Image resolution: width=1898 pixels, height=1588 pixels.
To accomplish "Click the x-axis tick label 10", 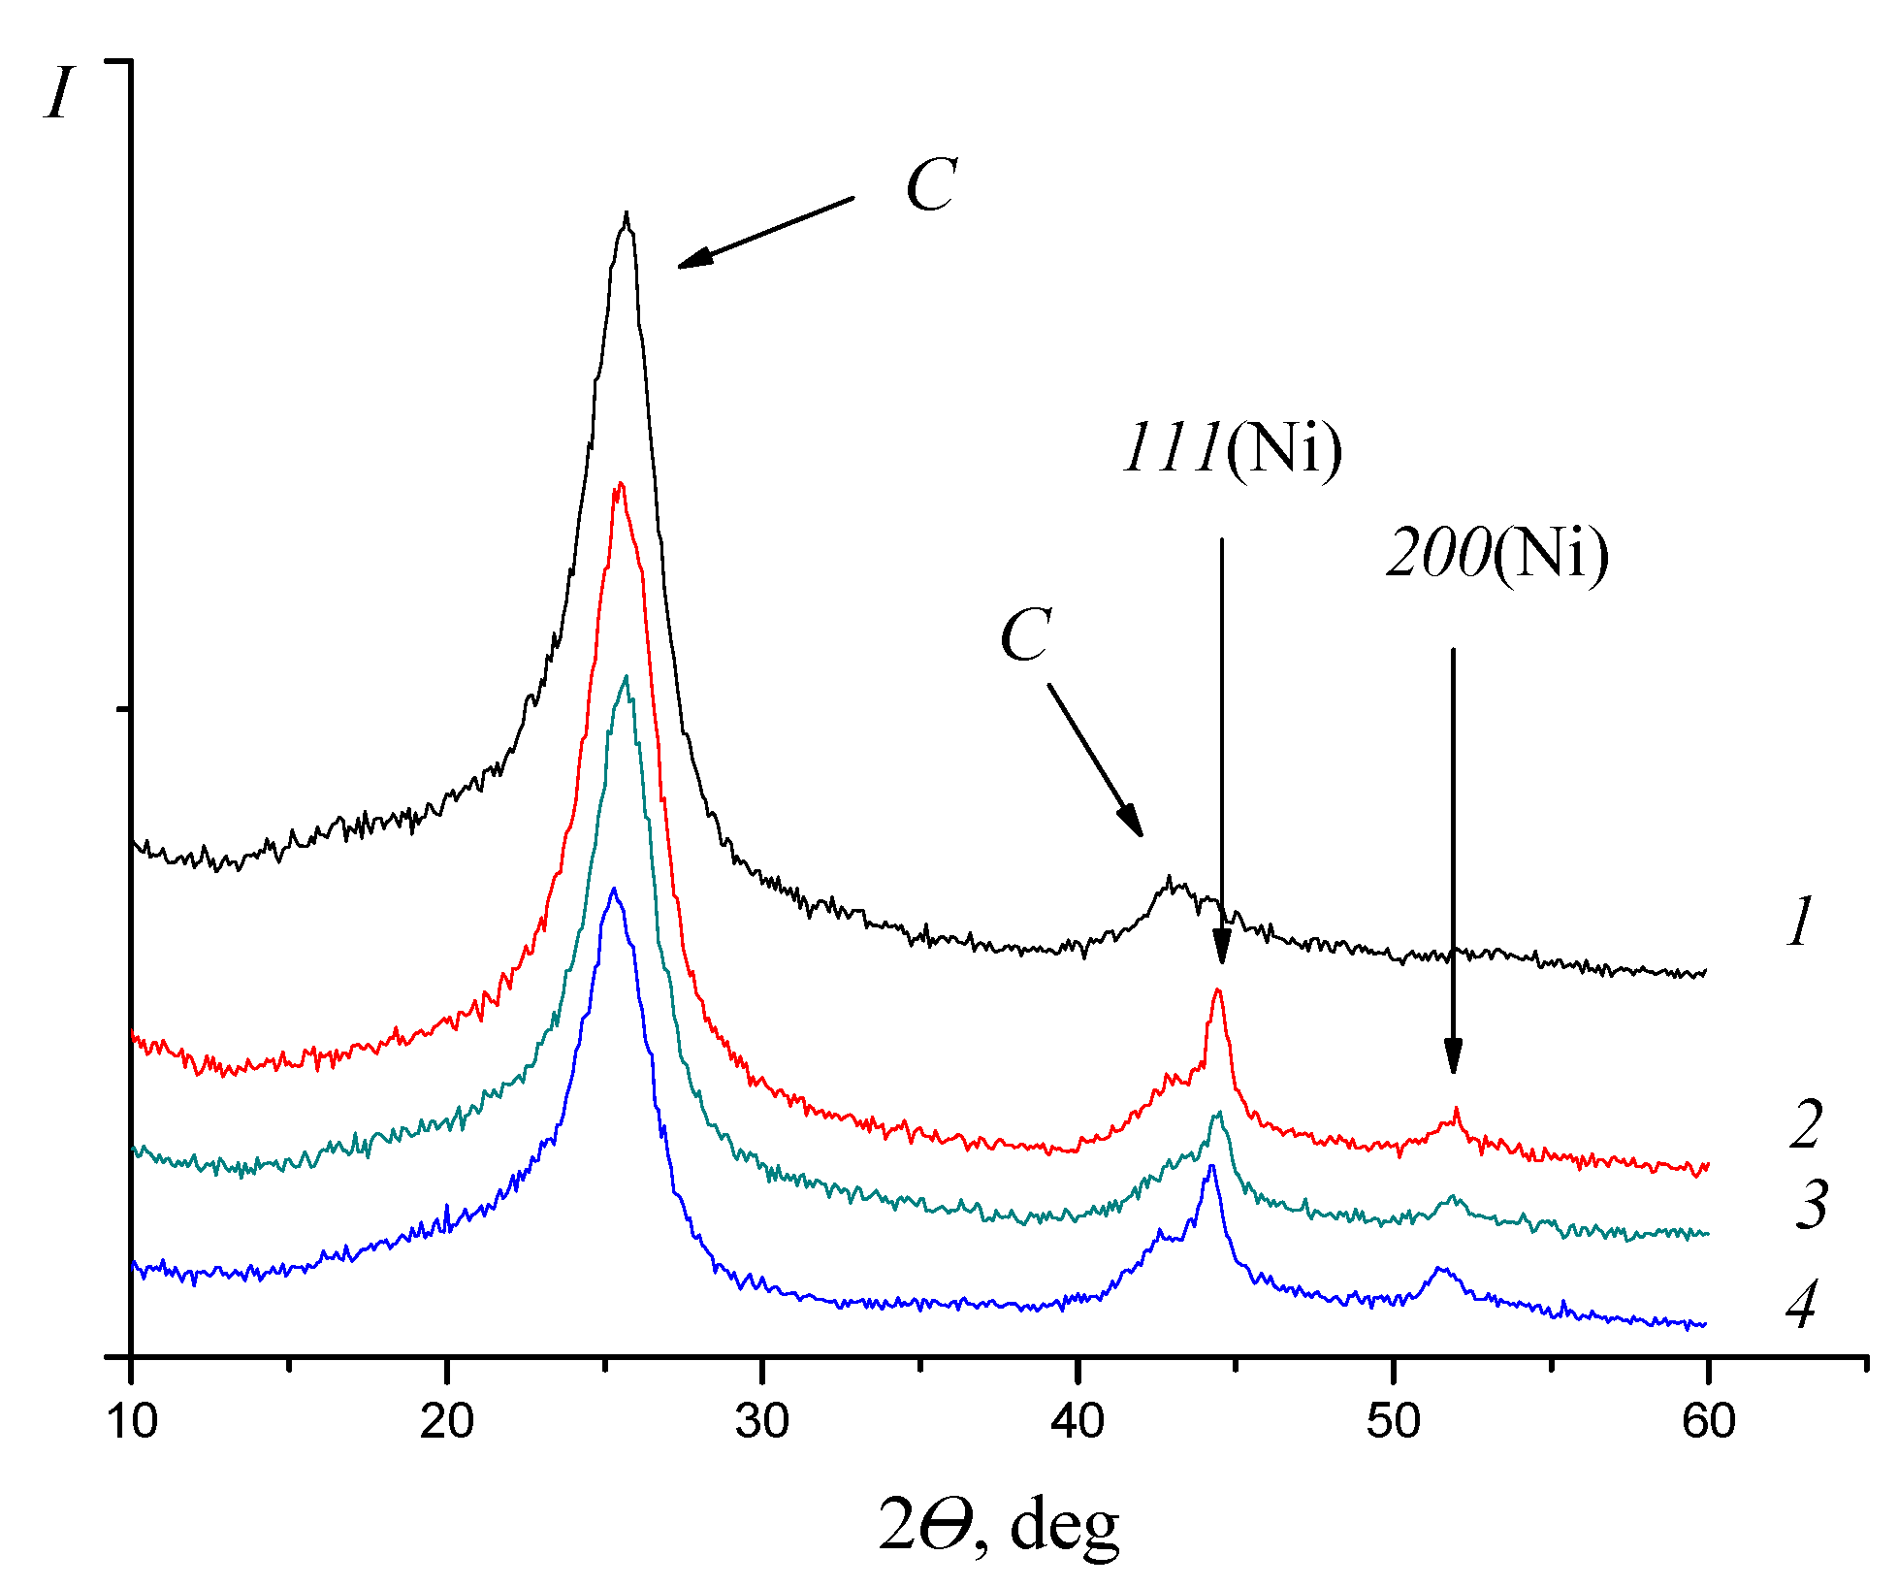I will [132, 1422].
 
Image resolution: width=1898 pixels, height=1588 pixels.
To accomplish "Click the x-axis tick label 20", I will [447, 1422].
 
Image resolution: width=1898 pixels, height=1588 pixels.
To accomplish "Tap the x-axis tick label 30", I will [762, 1422].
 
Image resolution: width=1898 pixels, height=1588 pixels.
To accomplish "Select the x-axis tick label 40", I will [1078, 1422].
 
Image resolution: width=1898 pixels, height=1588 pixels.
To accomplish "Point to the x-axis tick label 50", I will [1394, 1422].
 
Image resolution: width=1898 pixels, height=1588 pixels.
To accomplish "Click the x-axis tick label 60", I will [1709, 1422].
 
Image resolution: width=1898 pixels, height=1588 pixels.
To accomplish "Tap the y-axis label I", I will [60, 94].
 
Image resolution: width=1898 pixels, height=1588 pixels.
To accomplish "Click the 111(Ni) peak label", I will [1232, 448].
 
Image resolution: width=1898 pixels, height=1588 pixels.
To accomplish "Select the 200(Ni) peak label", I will [1497, 554].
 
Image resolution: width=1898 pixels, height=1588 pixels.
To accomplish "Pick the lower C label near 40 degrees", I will [1025, 635].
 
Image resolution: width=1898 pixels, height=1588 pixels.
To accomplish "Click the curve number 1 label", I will [1800, 921].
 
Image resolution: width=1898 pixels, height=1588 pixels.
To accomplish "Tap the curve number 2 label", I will [1806, 1125].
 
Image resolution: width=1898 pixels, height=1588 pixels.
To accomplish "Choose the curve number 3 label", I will [1811, 1205].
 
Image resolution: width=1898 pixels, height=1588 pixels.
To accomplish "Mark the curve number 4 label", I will [1801, 1304].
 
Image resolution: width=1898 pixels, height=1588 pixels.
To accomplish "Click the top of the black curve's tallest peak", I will [627, 214].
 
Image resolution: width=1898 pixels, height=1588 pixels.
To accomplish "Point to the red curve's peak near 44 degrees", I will [1218, 990].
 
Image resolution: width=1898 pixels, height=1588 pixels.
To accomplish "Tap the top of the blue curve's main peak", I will [613, 889].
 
